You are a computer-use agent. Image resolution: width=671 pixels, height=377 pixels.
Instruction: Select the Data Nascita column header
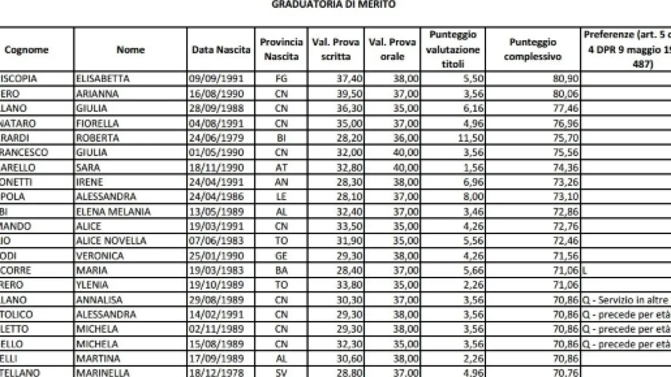click(221, 50)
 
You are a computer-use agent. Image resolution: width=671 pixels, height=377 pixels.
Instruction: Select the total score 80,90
click(564, 79)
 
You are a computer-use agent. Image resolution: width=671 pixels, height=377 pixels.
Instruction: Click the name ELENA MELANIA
click(107, 212)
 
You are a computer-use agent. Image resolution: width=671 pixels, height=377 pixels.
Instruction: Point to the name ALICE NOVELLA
click(111, 241)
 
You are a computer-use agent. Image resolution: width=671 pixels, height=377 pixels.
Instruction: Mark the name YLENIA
click(92, 285)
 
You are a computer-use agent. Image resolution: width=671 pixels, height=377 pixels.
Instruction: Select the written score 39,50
click(348, 93)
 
